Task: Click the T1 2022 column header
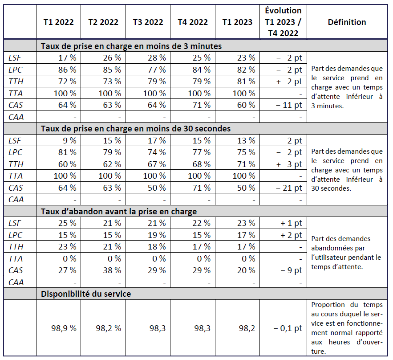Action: (58, 22)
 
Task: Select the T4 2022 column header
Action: (193, 22)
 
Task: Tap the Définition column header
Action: (347, 22)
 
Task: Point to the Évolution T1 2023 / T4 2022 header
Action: (284, 22)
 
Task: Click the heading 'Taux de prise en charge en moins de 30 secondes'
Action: (135, 128)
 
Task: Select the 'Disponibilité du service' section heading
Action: (86, 294)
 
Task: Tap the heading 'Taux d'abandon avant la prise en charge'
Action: (119, 211)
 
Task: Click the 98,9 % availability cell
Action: (64, 328)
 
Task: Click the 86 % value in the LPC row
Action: (68, 70)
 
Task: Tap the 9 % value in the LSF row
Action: (69, 140)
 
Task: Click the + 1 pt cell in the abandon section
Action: (291, 223)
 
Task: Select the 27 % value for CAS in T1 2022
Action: (68, 270)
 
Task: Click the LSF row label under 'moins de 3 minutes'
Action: (15, 57)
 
